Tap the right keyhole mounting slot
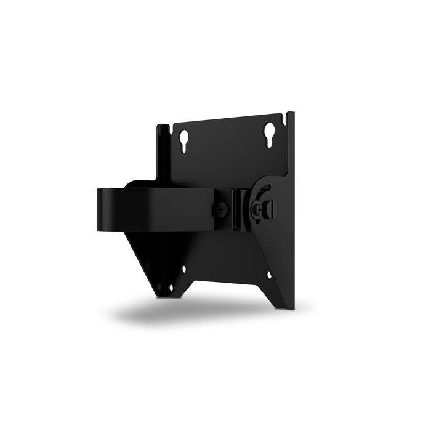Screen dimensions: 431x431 270,132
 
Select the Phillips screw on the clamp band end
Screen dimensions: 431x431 222,209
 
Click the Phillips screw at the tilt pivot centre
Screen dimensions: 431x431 258,209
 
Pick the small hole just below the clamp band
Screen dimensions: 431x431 184,269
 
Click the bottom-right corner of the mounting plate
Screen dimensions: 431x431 292,308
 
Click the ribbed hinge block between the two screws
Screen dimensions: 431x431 239,207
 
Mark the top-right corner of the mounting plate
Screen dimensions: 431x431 293,113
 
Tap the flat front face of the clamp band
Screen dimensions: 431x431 154,209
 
